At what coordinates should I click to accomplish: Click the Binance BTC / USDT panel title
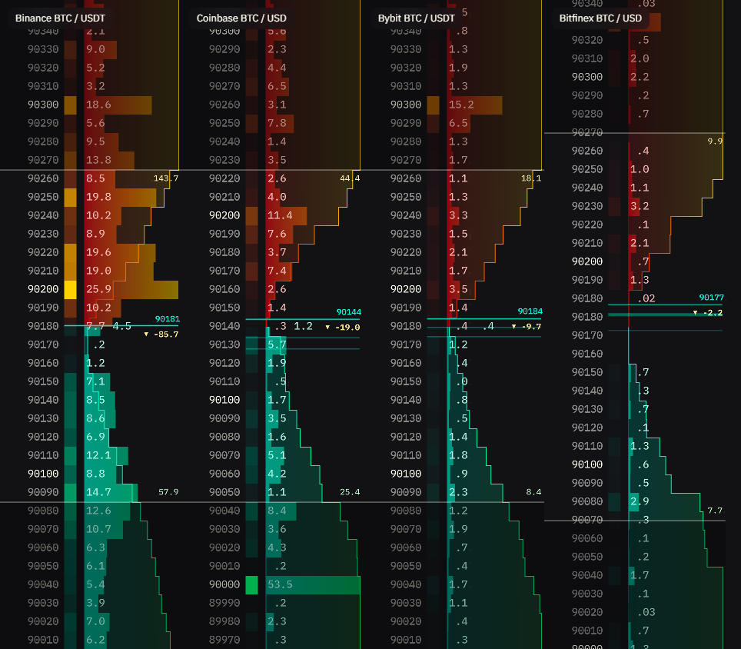click(60, 18)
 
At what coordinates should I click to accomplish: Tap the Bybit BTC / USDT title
click(417, 18)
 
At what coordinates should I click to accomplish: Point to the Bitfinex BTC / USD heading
click(600, 18)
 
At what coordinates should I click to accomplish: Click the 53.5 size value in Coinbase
click(280, 584)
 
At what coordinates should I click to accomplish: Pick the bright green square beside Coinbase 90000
click(252, 584)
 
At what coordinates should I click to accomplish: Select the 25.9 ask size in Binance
click(99, 289)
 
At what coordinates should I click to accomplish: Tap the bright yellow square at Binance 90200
click(71, 289)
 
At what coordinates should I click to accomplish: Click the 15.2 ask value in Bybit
click(461, 105)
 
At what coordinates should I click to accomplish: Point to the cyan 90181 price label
click(167, 318)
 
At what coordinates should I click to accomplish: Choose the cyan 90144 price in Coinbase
click(348, 312)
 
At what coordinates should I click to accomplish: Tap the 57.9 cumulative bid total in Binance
click(168, 491)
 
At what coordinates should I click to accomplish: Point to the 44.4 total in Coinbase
click(349, 178)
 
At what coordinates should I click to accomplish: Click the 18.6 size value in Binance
click(99, 105)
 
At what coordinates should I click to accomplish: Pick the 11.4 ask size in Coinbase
click(280, 215)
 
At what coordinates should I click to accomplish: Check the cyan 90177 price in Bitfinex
click(711, 298)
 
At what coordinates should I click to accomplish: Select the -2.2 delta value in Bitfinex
click(712, 313)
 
